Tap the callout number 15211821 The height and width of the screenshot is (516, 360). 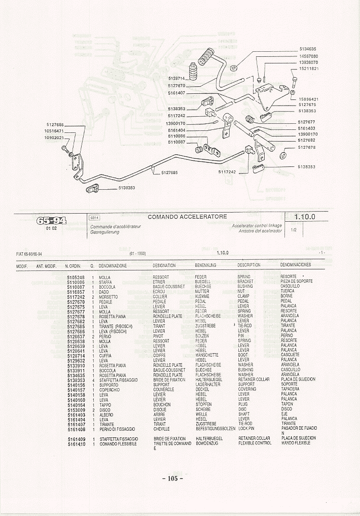tap(308, 68)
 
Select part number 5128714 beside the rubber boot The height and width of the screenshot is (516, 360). tap(175, 79)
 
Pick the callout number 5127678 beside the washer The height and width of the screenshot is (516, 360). tap(307, 148)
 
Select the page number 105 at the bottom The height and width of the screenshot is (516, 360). tap(172, 478)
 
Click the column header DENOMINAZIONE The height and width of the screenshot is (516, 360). tap(113, 265)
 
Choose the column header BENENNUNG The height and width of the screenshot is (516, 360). tap(205, 265)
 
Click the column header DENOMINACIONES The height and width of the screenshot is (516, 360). tap(296, 265)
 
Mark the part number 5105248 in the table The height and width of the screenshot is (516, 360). tap(76, 277)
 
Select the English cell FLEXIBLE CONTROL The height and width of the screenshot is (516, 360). tap(255, 443)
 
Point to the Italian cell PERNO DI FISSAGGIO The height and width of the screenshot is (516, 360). tap(117, 429)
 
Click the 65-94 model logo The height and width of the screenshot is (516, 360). tap(52, 221)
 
